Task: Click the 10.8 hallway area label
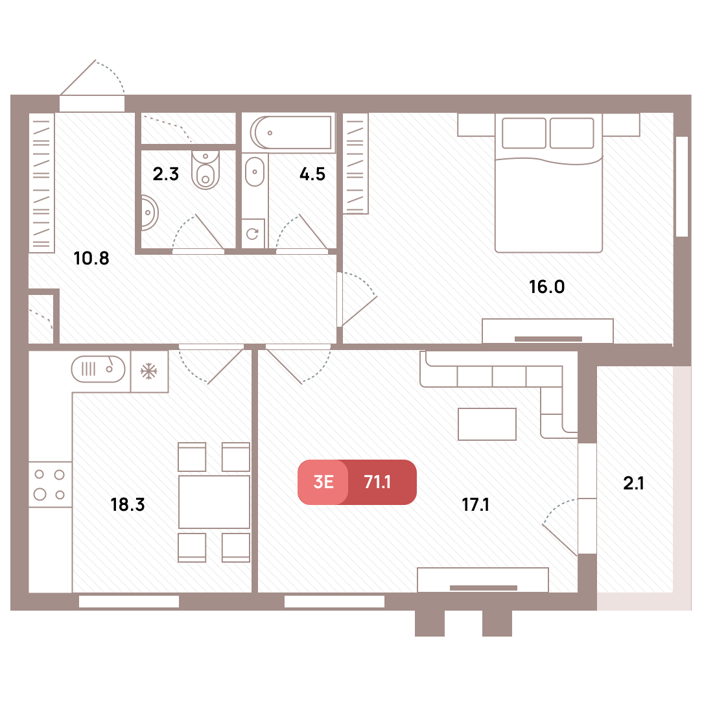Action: click(x=91, y=258)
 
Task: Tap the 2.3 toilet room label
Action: click(x=166, y=174)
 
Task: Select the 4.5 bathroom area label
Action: click(x=312, y=174)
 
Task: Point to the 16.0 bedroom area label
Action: click(x=547, y=287)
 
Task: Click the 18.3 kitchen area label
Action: click(x=128, y=504)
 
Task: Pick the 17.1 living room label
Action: click(x=475, y=504)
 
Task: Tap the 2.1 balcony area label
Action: click(x=633, y=483)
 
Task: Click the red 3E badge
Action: click(x=323, y=482)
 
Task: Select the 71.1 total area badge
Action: click(x=377, y=482)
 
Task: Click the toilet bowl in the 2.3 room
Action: click(x=205, y=170)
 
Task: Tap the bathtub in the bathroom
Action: click(x=292, y=133)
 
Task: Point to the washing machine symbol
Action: click(x=253, y=233)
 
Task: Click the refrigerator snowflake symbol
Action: click(x=149, y=371)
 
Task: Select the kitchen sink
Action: click(x=99, y=369)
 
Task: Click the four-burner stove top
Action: click(x=50, y=484)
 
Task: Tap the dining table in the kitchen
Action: click(x=214, y=502)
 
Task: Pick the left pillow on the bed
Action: click(x=524, y=133)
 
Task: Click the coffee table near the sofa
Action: click(x=487, y=424)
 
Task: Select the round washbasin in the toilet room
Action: click(x=149, y=213)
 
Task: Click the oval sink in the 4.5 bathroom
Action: click(x=255, y=172)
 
